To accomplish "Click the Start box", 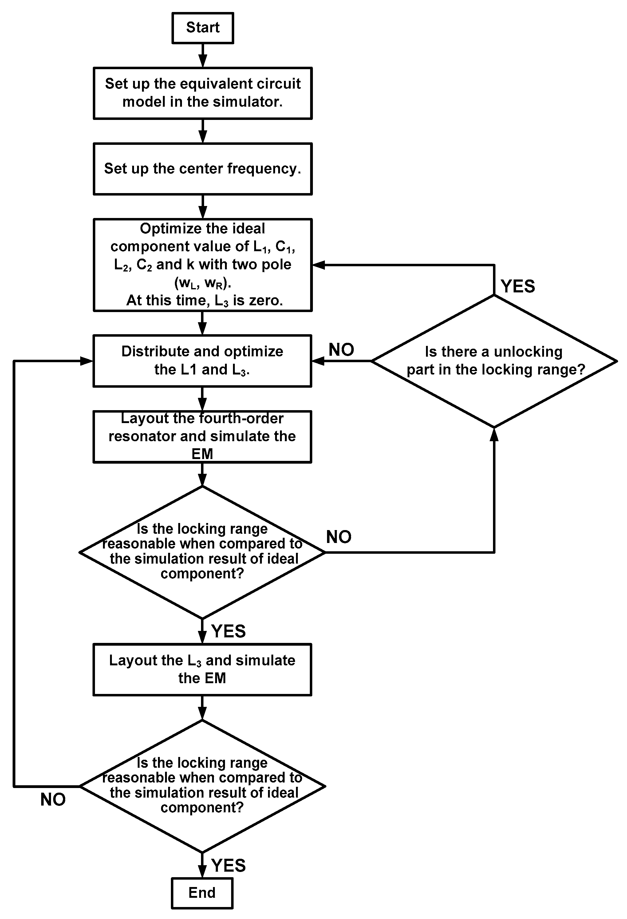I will point(203,28).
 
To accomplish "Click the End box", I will point(202,893).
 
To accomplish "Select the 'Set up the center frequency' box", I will point(203,169).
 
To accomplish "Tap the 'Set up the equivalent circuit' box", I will point(203,93).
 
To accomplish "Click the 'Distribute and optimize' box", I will point(203,361).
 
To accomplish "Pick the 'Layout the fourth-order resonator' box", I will point(203,436).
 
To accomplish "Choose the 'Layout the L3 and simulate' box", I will point(203,669).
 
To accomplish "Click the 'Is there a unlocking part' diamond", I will point(494,361).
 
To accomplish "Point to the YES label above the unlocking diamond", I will point(518,286).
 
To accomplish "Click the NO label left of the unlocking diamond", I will point(341,350).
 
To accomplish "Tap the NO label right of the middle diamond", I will point(339,537).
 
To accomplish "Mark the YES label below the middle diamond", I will point(228,632).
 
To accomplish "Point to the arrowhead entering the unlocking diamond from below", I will point(494,434).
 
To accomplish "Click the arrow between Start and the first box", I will point(203,56).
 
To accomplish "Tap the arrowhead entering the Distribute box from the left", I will point(87,361).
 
